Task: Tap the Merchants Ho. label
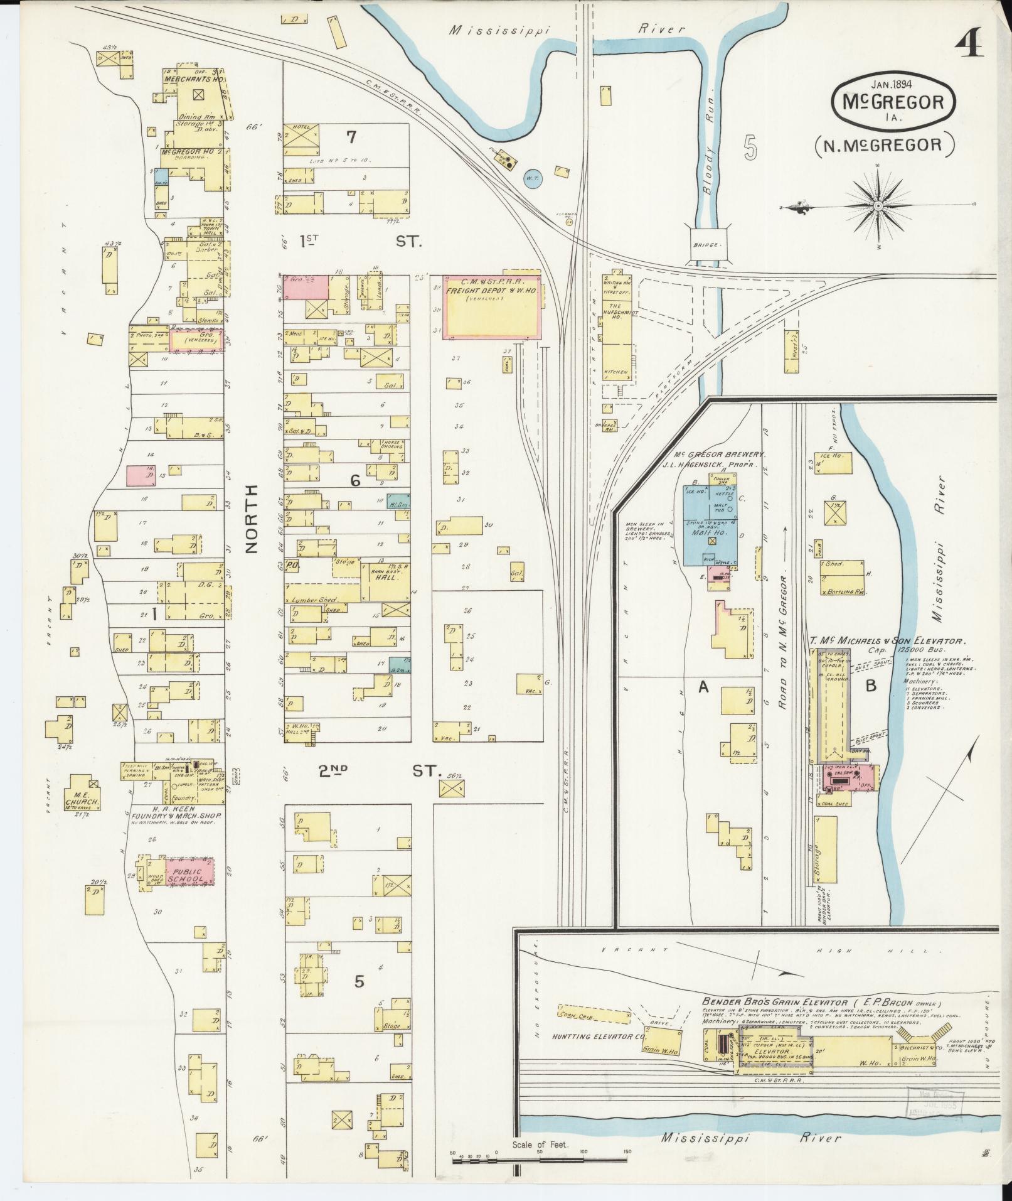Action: (185, 80)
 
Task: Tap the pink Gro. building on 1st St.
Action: (306, 287)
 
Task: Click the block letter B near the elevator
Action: (870, 686)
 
